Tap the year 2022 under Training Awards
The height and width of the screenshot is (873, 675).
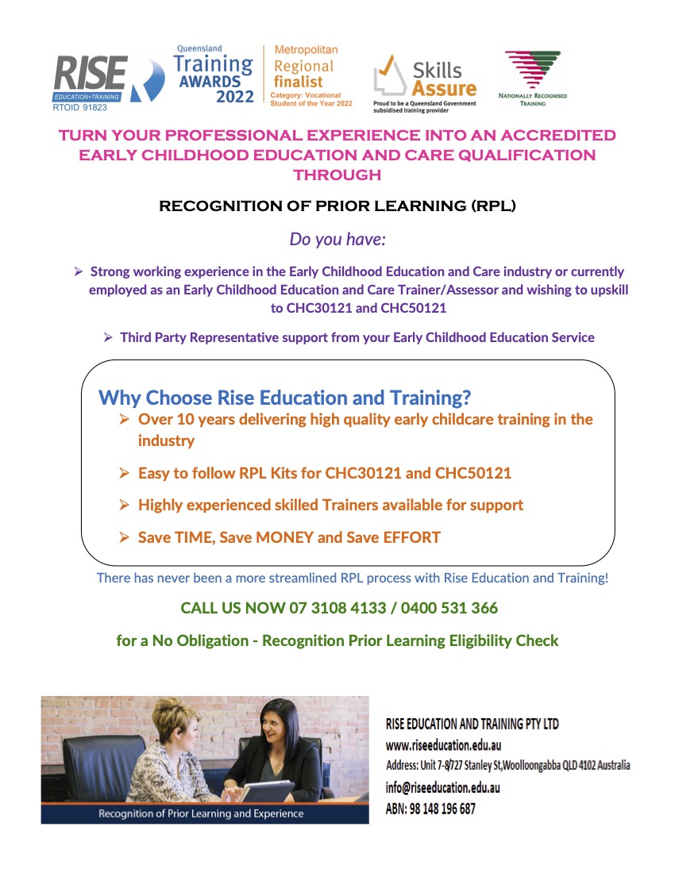(x=235, y=96)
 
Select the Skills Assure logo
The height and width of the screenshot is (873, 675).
(x=425, y=79)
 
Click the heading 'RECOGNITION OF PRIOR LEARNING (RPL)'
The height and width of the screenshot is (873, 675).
(x=337, y=207)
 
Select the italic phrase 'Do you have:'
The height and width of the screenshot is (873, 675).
(x=337, y=239)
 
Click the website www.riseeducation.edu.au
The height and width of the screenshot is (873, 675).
(x=443, y=745)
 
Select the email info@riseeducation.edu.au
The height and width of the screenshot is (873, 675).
(x=442, y=788)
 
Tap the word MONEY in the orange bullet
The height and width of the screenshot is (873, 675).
(x=283, y=537)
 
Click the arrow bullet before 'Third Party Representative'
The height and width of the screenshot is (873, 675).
(x=109, y=337)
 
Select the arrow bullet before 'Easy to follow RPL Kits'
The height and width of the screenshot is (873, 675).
(x=124, y=473)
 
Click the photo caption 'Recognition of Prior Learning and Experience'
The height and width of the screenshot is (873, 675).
(x=201, y=813)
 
